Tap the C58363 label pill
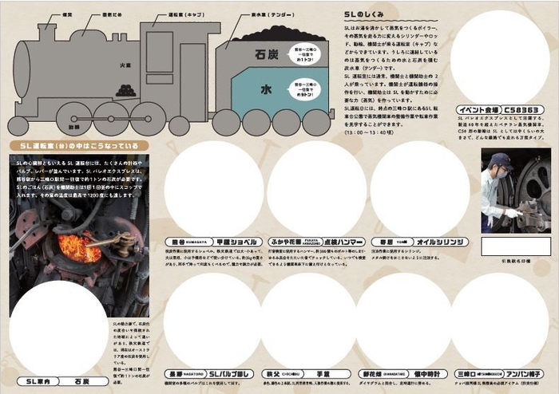[x=522, y=109]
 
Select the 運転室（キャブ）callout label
[x=184, y=14]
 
